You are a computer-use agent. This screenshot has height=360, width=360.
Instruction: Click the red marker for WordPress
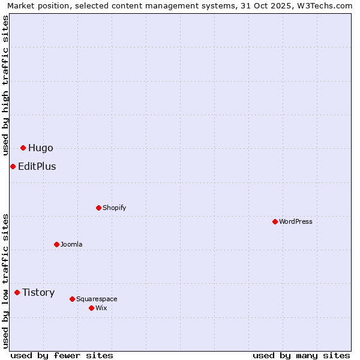coord(275,221)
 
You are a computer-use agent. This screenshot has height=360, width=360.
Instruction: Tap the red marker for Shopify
coord(98,208)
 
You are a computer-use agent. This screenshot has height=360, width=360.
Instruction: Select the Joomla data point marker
coord(56,244)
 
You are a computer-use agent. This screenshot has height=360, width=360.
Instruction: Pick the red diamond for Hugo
coord(23,148)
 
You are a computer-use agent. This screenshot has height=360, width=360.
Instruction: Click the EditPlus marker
coord(13,166)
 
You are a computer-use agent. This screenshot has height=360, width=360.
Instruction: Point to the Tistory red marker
coord(17,292)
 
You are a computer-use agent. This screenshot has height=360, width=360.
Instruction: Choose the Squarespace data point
coord(72,299)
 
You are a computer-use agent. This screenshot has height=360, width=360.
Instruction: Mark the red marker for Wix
coord(91,308)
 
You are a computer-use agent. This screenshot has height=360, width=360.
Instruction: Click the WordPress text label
coord(296,221)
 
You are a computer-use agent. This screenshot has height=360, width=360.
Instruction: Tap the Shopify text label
coord(114,208)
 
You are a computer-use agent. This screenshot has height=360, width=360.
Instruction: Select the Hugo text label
coord(40,148)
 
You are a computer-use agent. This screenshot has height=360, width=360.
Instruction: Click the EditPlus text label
coord(37,166)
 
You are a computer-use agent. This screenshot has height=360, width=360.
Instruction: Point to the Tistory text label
coord(38,292)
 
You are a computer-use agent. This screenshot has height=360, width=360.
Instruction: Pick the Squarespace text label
coord(97,299)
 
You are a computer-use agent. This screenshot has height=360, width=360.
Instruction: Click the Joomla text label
coord(71,244)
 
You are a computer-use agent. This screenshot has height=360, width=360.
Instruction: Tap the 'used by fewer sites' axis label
coord(62,355)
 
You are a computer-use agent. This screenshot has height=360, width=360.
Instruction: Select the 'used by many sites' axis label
coord(301,355)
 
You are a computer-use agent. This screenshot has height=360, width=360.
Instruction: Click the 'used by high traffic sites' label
coord(5,85)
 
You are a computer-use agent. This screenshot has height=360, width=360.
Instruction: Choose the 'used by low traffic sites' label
coord(5,281)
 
